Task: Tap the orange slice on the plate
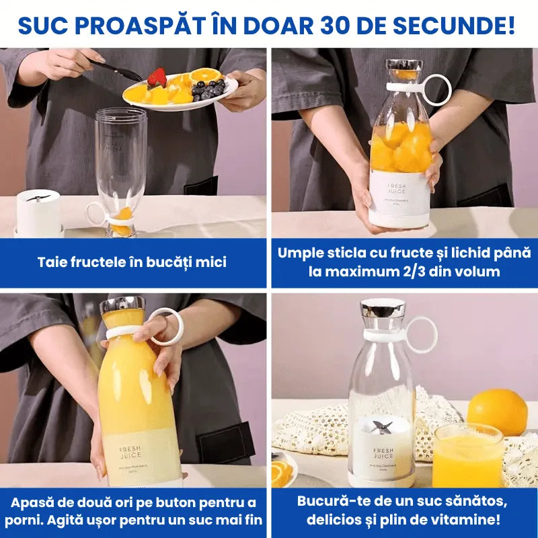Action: [204, 73]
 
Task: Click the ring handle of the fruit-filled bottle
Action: [436, 90]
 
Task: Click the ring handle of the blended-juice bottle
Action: [165, 326]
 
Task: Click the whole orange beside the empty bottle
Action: [498, 411]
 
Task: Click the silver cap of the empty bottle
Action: [382, 309]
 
